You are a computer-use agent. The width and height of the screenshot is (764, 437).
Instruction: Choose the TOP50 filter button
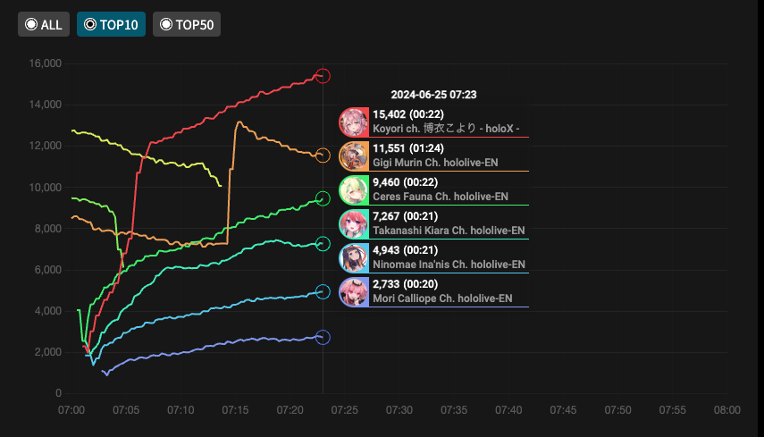tap(187, 25)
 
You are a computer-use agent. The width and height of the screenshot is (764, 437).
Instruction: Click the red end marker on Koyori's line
tap(323, 76)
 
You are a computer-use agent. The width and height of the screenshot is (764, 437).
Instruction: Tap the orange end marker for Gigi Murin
tap(323, 156)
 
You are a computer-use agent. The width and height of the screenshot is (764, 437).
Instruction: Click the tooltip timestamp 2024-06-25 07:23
tap(433, 94)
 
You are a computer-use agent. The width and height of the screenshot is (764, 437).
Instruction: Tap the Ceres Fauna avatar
tap(354, 190)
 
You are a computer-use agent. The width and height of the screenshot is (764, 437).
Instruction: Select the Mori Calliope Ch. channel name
tap(442, 298)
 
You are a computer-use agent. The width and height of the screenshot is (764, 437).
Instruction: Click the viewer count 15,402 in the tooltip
tap(389, 114)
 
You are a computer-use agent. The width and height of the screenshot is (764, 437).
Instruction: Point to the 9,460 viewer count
tap(386, 182)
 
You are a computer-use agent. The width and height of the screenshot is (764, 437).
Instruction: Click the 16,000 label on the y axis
tap(45, 63)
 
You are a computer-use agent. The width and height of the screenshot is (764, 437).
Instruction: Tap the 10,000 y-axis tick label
tap(45, 188)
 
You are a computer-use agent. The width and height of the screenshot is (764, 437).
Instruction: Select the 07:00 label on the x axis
tap(71, 409)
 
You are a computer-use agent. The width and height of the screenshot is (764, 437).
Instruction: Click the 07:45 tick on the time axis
tap(563, 409)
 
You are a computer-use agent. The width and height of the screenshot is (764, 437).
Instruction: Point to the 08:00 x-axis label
tap(726, 409)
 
